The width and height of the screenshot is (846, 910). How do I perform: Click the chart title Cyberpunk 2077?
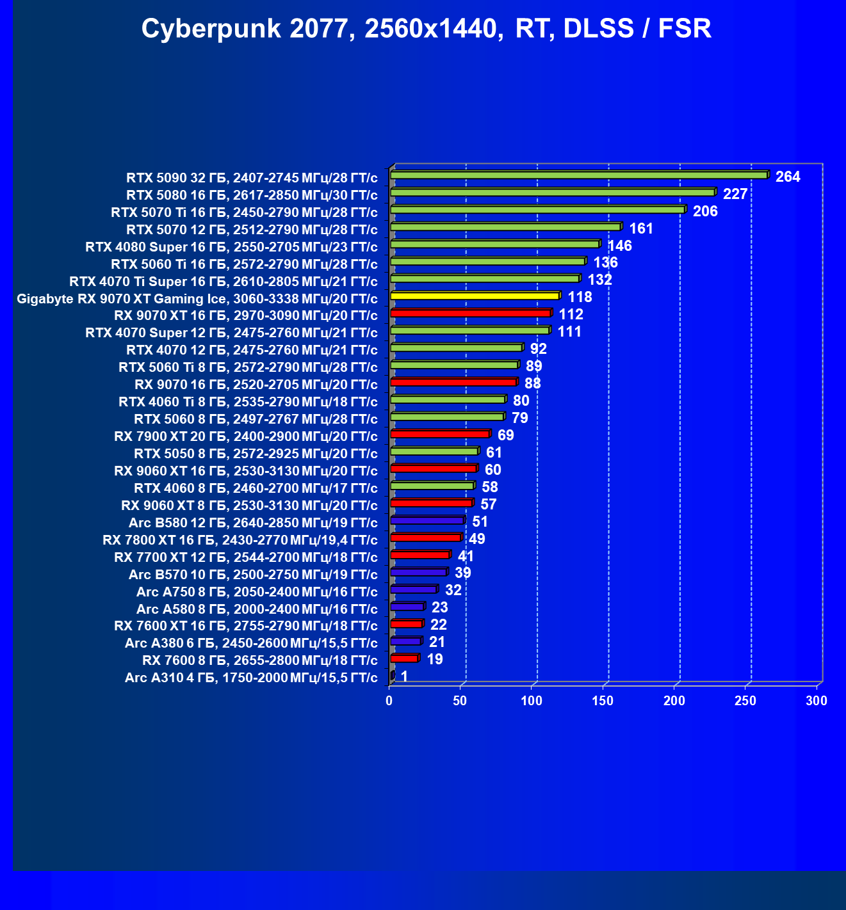coord(426,29)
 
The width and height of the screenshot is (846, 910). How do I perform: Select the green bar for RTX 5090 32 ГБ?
coord(578,175)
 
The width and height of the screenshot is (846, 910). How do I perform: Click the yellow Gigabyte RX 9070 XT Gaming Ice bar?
coord(475,296)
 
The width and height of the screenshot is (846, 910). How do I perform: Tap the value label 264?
coord(788,177)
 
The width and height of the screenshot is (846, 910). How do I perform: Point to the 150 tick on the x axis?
coord(603,701)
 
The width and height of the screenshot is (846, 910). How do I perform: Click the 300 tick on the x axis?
coord(817,701)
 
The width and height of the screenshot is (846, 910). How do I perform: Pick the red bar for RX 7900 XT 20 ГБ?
coord(439,435)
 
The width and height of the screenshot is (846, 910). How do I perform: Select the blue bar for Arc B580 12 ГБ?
coord(427,521)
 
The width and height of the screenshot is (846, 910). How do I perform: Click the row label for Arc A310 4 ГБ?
coord(251,678)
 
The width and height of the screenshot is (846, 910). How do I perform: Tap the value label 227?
coord(735,194)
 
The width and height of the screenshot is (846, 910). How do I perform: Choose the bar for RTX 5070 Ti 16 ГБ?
coord(537,210)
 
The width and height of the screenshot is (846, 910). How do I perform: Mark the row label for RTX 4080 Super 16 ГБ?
coord(231,247)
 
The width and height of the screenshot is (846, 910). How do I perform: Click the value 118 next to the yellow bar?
coord(580,297)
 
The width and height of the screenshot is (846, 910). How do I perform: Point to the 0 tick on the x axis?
coord(389,701)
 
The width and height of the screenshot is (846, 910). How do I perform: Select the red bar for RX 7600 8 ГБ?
coord(403,659)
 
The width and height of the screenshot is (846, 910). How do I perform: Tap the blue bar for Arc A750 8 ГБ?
coord(413,589)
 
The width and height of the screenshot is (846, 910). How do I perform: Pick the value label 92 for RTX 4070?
coord(539,349)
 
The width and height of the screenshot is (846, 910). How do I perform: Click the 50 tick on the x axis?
coord(460,701)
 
